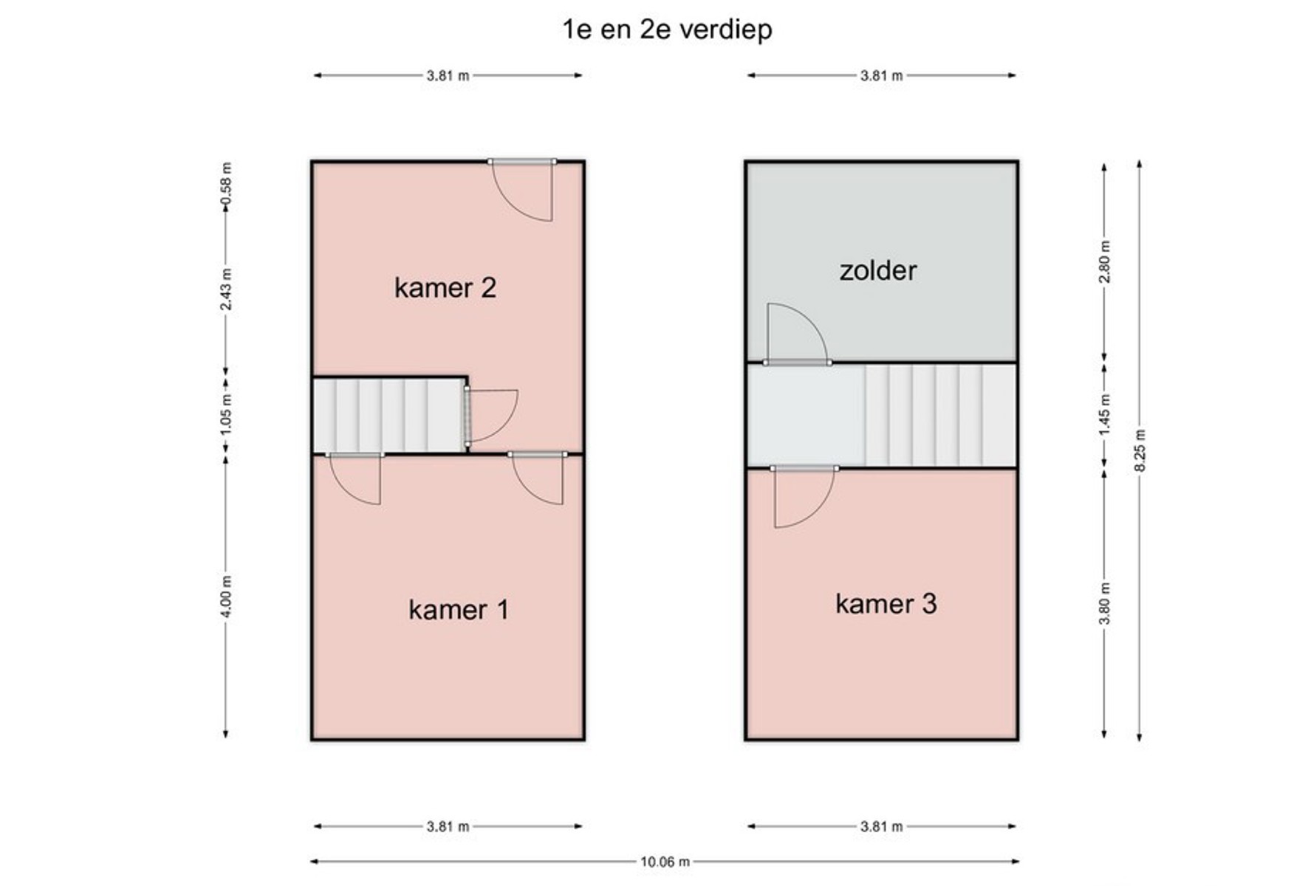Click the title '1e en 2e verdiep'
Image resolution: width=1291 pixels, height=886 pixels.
pyautogui.click(x=667, y=30)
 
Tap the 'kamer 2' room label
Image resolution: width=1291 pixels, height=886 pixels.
pyautogui.click(x=445, y=287)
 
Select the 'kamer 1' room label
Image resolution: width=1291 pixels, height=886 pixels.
pyautogui.click(x=458, y=609)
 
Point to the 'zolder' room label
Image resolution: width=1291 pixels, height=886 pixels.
pyautogui.click(x=877, y=270)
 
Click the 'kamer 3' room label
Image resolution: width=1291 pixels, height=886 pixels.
pyautogui.click(x=886, y=603)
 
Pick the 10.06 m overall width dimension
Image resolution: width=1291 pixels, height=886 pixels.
pyautogui.click(x=665, y=862)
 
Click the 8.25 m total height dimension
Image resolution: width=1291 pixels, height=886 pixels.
pyautogui.click(x=1140, y=450)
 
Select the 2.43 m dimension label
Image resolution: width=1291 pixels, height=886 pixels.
pyautogui.click(x=226, y=289)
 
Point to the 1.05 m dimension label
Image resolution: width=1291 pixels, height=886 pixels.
pyautogui.click(x=226, y=413)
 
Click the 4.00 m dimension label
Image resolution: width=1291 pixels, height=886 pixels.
pyautogui.click(x=226, y=597)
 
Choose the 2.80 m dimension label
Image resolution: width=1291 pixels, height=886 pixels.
pyautogui.click(x=1104, y=261)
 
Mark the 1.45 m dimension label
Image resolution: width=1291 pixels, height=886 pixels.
pyautogui.click(x=1104, y=413)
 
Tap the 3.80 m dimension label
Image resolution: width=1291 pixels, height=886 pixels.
pyautogui.click(x=1104, y=603)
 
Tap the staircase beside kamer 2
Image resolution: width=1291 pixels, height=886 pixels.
pyautogui.click(x=389, y=415)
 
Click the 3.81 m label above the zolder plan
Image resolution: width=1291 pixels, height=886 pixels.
pyautogui.click(x=881, y=75)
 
